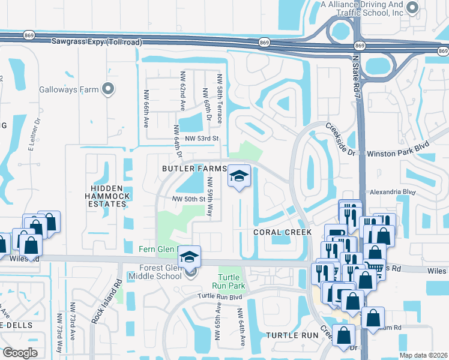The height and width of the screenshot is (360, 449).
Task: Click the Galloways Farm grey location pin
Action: tap(108, 89)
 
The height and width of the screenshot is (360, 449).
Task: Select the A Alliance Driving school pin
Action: tap(412, 8)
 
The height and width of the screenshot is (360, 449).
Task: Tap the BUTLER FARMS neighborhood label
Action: tap(194, 169)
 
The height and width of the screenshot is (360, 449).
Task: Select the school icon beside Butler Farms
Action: tap(239, 176)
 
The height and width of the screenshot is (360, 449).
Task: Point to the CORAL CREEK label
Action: tap(282, 232)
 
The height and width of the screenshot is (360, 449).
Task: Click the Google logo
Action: tap(20, 352)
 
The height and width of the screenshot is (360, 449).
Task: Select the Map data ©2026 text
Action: tap(423, 355)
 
